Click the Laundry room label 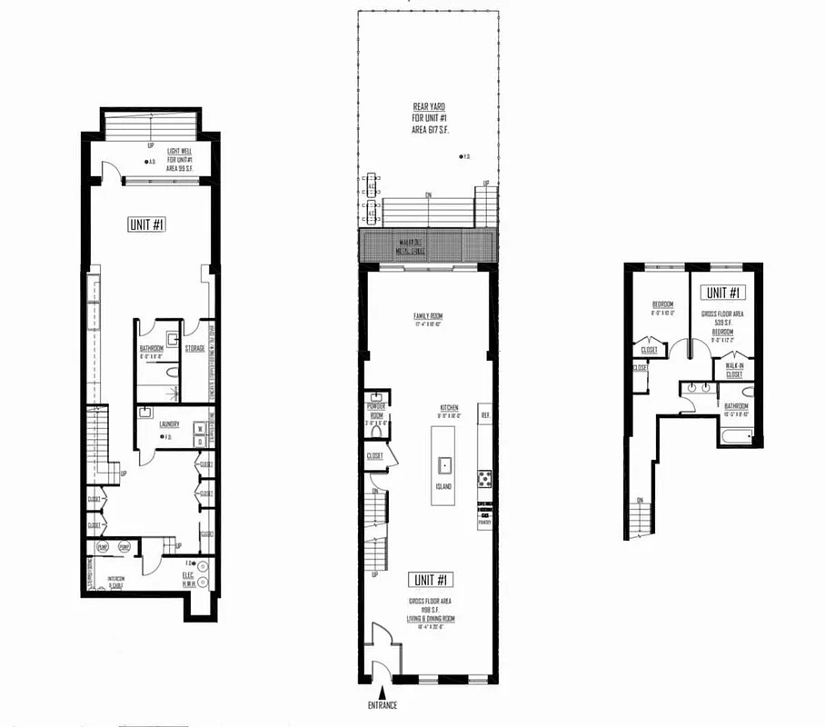(168, 423)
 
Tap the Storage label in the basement (195, 348)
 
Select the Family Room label (426, 316)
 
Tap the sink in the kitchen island (445, 466)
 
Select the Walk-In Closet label (733, 369)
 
